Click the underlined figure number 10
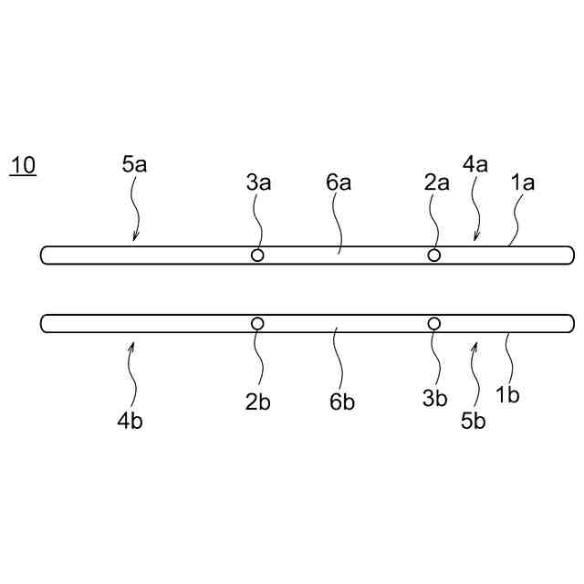[23, 166]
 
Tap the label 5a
[134, 165]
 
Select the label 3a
[258, 182]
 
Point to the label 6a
[339, 182]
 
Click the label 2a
[437, 182]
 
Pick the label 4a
[474, 165]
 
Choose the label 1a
[522, 182]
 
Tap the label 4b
[130, 421]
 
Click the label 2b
[258, 403]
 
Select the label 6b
[342, 403]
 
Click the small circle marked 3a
[257, 255]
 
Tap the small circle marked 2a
[434, 255]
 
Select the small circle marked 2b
[257, 323]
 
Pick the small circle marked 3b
[434, 323]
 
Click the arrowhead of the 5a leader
[134, 240]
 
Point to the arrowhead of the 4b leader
[133, 343]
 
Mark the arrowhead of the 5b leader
[474, 343]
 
